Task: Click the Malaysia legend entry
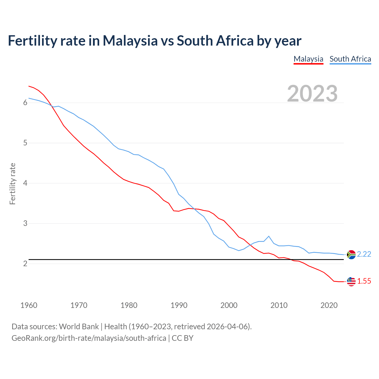tap(308, 59)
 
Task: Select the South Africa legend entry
tap(350, 59)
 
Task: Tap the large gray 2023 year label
tap(312, 94)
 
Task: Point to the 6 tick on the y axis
tap(25, 103)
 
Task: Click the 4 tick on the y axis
tap(25, 183)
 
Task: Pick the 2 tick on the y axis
tap(25, 264)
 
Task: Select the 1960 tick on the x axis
tap(29, 305)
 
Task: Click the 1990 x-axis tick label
tap(179, 305)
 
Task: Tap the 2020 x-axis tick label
tap(329, 305)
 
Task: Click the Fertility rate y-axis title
tap(12, 184)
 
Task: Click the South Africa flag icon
tap(351, 254)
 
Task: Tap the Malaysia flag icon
tap(351, 282)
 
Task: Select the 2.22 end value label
tap(364, 254)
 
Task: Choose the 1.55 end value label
tap(364, 281)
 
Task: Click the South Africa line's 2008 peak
tap(269, 236)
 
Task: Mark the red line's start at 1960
tap(29, 86)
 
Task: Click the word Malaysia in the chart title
tap(130, 41)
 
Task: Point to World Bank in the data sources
tap(79, 327)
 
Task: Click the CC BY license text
tap(182, 338)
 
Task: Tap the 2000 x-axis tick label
tap(229, 305)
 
